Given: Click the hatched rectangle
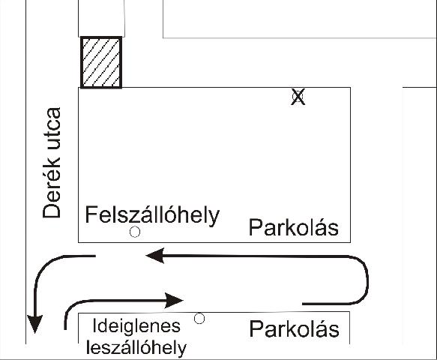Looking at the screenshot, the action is pos(101,62).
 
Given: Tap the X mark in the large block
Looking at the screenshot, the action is pos(298,97).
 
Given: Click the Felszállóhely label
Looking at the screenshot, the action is pos(152,215).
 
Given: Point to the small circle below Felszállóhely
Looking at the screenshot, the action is pos(135,232).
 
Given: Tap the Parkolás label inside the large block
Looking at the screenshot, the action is pos(294,227).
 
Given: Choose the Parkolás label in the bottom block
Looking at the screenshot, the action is pos(295,328).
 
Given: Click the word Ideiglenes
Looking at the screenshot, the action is pos(136,326).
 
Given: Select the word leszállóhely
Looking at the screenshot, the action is pos(136,348).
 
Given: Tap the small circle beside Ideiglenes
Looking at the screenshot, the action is pos(199,319).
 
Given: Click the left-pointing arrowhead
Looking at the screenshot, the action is pos(155,256).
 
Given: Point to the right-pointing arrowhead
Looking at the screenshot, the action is pos(174,300).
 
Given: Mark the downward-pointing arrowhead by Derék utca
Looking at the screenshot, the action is pos(34,324).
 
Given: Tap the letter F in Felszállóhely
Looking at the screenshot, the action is pos(91,214).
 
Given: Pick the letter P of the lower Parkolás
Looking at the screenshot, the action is pos(256,328).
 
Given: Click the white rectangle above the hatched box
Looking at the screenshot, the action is pos(101,18).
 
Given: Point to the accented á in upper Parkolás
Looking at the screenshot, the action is pos(323,227).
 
